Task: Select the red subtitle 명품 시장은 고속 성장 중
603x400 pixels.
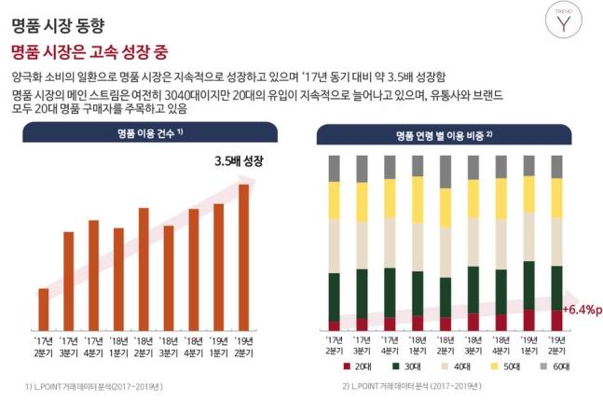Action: point(89,49)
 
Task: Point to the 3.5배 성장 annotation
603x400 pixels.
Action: point(239,161)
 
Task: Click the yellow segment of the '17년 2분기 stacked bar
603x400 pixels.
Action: point(335,200)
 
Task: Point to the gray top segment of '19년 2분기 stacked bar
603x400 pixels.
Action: point(556,166)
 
